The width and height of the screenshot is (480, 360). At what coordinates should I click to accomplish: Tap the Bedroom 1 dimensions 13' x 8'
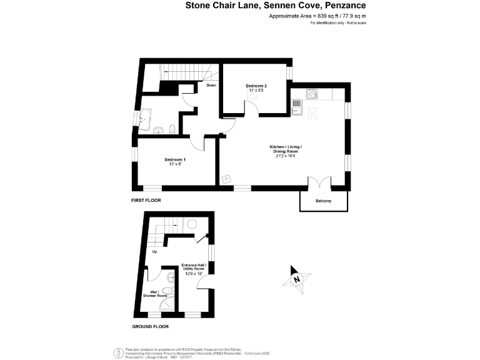coord(175,164)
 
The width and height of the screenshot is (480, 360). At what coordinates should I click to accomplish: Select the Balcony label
coord(323,201)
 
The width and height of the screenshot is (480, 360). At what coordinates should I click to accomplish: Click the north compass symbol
coord(297,278)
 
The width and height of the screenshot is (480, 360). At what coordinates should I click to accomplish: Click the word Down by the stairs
coord(211,86)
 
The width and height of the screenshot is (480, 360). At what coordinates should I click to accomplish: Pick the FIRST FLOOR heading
coord(146,201)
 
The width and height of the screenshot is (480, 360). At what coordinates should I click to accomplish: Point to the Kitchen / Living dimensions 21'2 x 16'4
coord(286,155)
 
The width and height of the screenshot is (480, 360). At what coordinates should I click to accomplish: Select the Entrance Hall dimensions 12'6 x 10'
coord(194,273)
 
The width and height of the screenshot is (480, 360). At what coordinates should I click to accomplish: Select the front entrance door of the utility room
coord(204,284)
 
